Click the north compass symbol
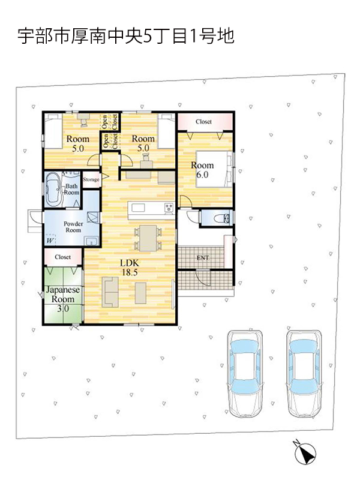(x=305, y=452)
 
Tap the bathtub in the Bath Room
(x=53, y=190)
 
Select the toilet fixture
(x=221, y=218)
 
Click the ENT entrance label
(x=203, y=258)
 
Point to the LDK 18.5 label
(x=130, y=267)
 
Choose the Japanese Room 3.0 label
(x=63, y=299)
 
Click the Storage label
(x=91, y=179)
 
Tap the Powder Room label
(x=73, y=227)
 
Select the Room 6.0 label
(x=202, y=170)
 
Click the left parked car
(x=245, y=373)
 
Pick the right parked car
(x=305, y=373)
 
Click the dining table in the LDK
(x=148, y=238)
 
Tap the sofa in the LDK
(x=110, y=292)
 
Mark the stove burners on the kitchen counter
(x=169, y=208)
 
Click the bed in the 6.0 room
(x=214, y=169)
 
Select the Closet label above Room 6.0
(x=203, y=122)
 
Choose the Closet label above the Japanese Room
(x=63, y=257)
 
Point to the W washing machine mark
(x=50, y=241)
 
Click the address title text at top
(x=126, y=36)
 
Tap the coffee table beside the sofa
(x=140, y=293)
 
